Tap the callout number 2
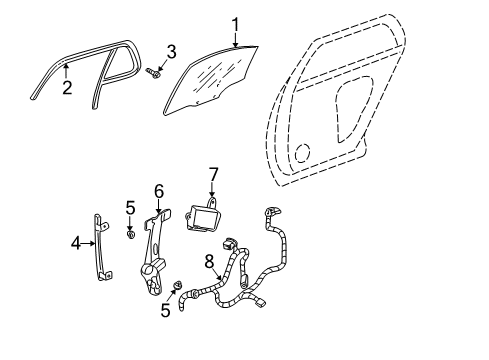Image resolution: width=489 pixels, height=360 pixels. click(x=66, y=87)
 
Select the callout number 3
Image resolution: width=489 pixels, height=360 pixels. click(x=172, y=51)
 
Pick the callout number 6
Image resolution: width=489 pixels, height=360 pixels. click(x=158, y=191)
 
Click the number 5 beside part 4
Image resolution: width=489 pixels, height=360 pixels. click(x=130, y=208)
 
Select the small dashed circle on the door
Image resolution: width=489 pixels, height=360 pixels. click(x=302, y=153)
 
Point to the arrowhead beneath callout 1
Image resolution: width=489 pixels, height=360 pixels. click(x=236, y=45)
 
